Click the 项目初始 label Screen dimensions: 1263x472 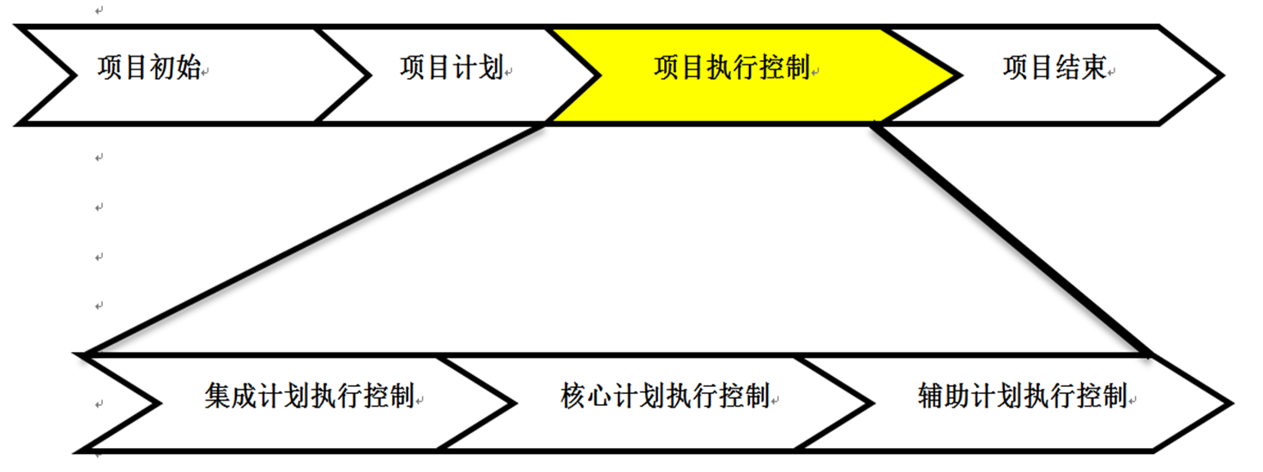148,69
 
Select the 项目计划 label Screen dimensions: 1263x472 450,69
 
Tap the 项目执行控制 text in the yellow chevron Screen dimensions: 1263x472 731,69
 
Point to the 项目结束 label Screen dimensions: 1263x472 1054,69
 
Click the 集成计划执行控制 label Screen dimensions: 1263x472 309,396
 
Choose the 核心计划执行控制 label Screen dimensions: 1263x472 665,396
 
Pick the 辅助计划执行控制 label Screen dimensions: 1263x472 1021,396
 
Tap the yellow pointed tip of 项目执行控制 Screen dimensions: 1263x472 948,76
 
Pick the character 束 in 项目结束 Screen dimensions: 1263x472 1093,69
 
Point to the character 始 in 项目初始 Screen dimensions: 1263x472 188,69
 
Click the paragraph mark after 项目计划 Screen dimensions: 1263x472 509,74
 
